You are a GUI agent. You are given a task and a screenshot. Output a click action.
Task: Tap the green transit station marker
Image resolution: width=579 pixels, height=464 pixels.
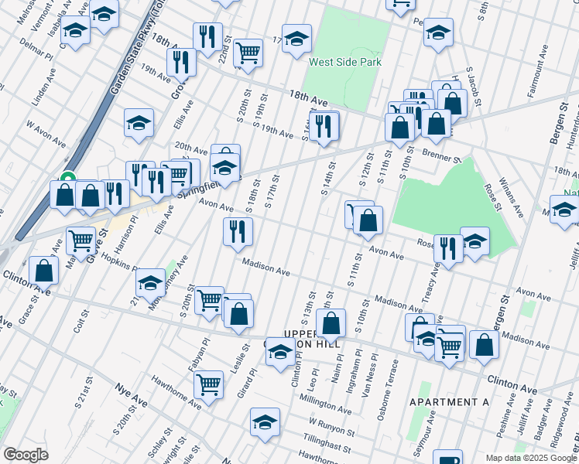67,177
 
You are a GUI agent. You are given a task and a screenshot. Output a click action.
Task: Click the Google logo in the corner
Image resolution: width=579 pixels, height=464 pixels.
26,455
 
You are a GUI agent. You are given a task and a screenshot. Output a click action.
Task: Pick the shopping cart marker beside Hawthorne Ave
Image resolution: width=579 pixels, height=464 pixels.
208,384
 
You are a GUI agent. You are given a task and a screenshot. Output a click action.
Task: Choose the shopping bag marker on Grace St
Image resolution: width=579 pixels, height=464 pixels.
43,271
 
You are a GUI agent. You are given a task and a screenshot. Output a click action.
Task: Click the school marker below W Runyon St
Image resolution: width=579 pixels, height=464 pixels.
265,422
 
